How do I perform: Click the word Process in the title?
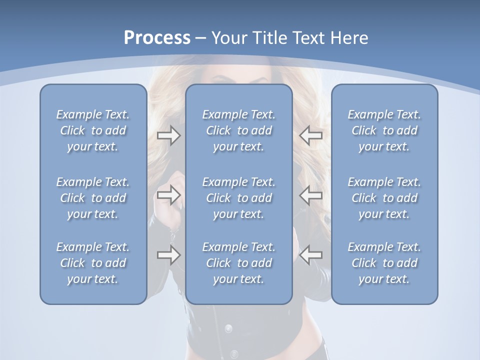tap(157, 38)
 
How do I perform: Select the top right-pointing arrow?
tap(168, 135)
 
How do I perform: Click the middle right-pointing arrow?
tap(168, 195)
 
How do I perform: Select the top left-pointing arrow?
tap(311, 135)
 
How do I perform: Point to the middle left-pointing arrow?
tap(311, 195)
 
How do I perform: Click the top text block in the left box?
tap(93, 130)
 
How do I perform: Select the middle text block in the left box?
tap(93, 198)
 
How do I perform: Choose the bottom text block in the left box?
tap(93, 263)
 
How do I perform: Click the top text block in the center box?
tap(238, 130)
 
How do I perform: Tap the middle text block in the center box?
tap(238, 198)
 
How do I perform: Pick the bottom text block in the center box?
tap(238, 263)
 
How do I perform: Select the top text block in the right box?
tap(384, 130)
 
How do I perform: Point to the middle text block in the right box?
tap(384, 198)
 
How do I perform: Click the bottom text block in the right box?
tap(384, 263)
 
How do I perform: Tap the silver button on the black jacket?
tap(228, 328)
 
